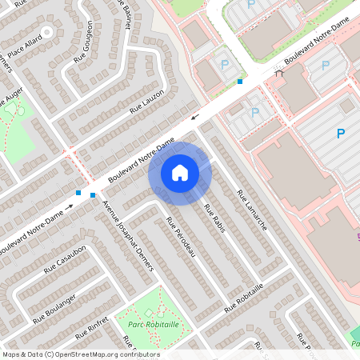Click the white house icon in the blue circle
coord(180,173)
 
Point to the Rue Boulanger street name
coord(55,308)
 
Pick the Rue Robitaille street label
coord(244,298)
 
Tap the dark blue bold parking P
coord(341,134)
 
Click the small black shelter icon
coord(279,72)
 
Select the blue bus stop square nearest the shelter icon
coord(240,82)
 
